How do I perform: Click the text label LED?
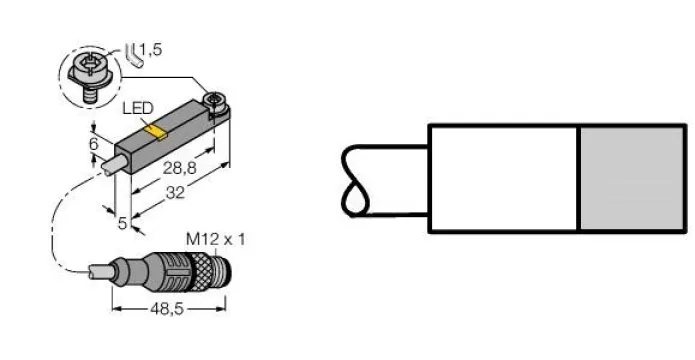coord(138,108)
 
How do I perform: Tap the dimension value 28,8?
coord(180,168)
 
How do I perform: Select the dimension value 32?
coord(175,192)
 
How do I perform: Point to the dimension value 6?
coord(94,144)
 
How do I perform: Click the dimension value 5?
coord(122,223)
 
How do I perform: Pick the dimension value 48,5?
coord(167,309)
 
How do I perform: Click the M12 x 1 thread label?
coord(215,240)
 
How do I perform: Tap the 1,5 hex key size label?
coord(151,50)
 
